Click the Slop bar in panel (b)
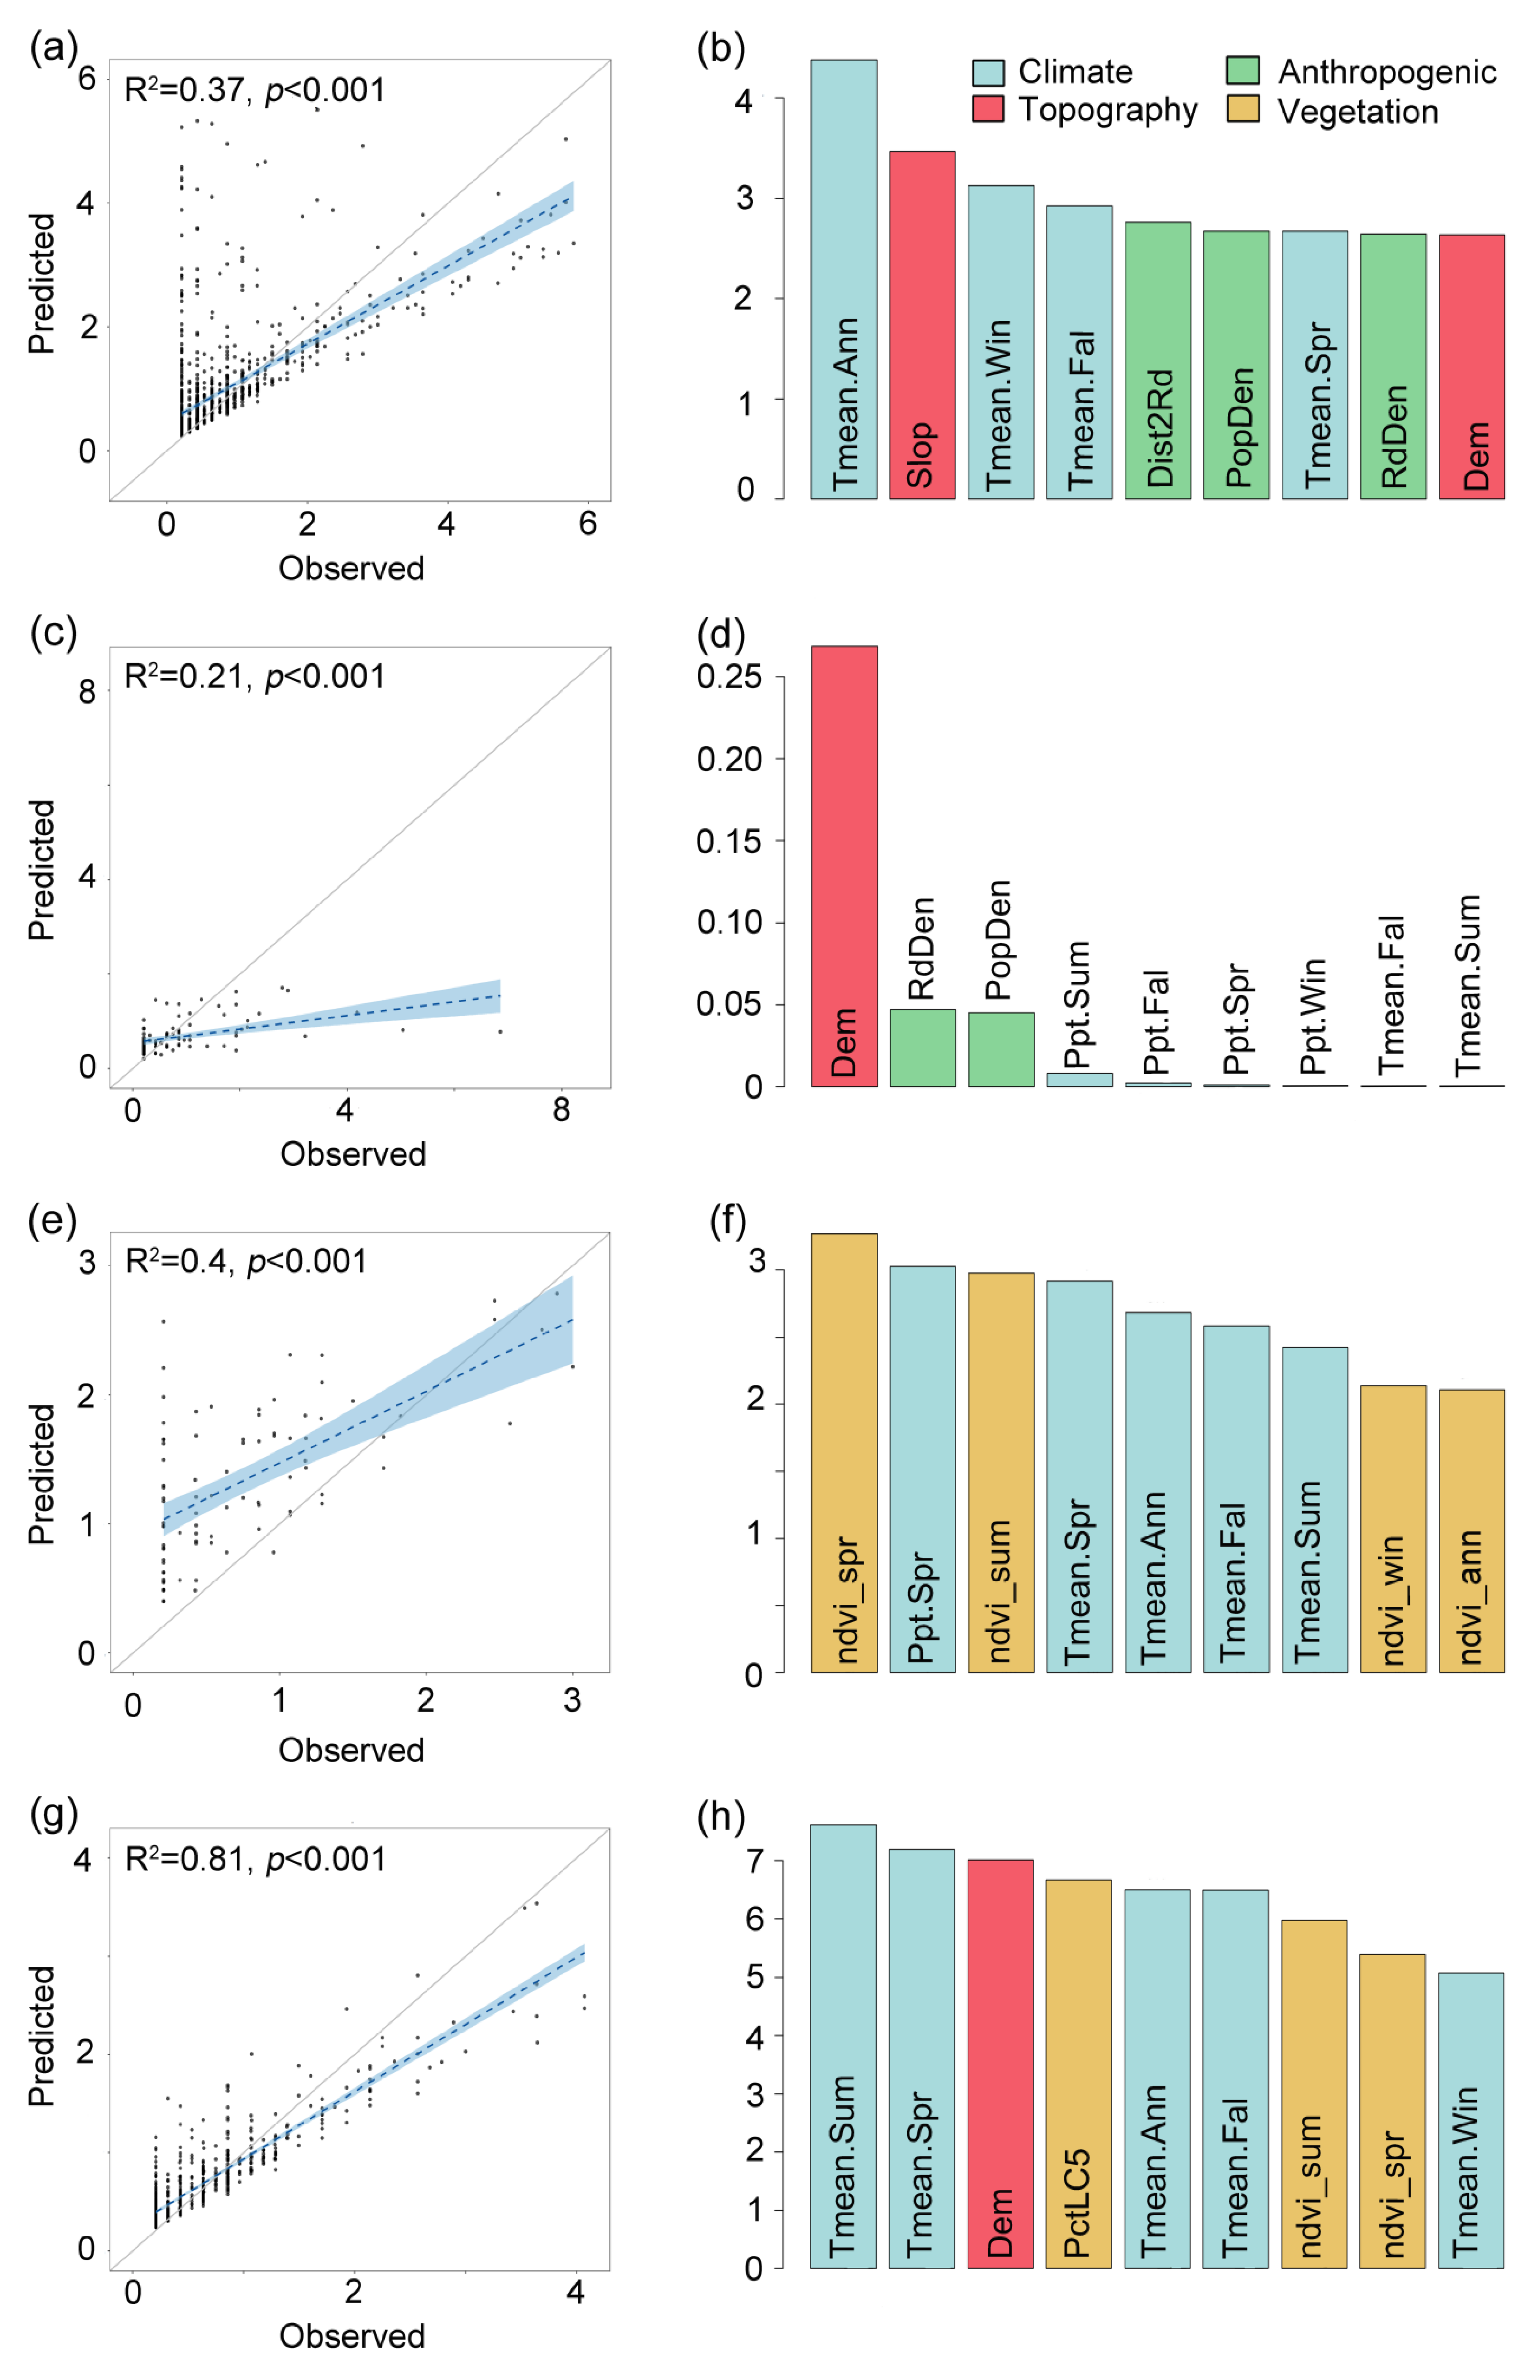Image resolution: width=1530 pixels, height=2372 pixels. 922,325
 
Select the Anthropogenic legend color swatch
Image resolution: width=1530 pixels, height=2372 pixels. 1243,70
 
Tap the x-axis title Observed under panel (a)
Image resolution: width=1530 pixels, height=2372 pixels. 352,568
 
